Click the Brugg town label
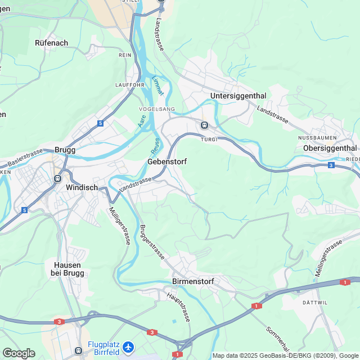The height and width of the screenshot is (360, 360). [65, 150]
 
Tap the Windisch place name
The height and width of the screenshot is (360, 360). [82, 187]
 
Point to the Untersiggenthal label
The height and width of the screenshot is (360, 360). [238, 96]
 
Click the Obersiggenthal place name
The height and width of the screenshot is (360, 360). [330, 148]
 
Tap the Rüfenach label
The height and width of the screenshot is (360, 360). [52, 43]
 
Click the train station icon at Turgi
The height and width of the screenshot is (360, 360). [205, 125]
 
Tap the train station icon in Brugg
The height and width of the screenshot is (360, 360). [57, 178]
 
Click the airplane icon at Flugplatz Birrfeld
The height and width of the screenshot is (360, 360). [129, 347]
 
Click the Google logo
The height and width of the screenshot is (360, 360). [19, 353]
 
